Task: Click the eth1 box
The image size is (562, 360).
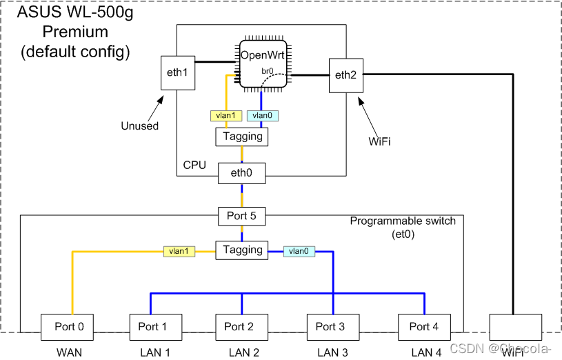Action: (x=177, y=72)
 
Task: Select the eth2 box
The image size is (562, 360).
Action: (x=345, y=76)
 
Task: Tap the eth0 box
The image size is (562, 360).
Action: (x=241, y=174)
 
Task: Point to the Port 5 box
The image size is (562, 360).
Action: (x=241, y=216)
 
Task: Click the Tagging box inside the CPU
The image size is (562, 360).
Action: (x=241, y=137)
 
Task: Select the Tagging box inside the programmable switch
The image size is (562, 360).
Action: (x=241, y=250)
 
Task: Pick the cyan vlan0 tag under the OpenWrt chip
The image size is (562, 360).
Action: (x=263, y=116)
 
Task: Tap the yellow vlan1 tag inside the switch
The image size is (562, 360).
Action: (x=179, y=252)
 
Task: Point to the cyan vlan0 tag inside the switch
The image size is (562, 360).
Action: (x=299, y=252)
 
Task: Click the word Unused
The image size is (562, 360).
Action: (x=140, y=126)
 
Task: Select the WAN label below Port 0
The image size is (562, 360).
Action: (x=69, y=352)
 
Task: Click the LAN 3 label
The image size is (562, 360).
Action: (x=333, y=352)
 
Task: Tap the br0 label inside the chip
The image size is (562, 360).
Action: (x=268, y=71)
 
